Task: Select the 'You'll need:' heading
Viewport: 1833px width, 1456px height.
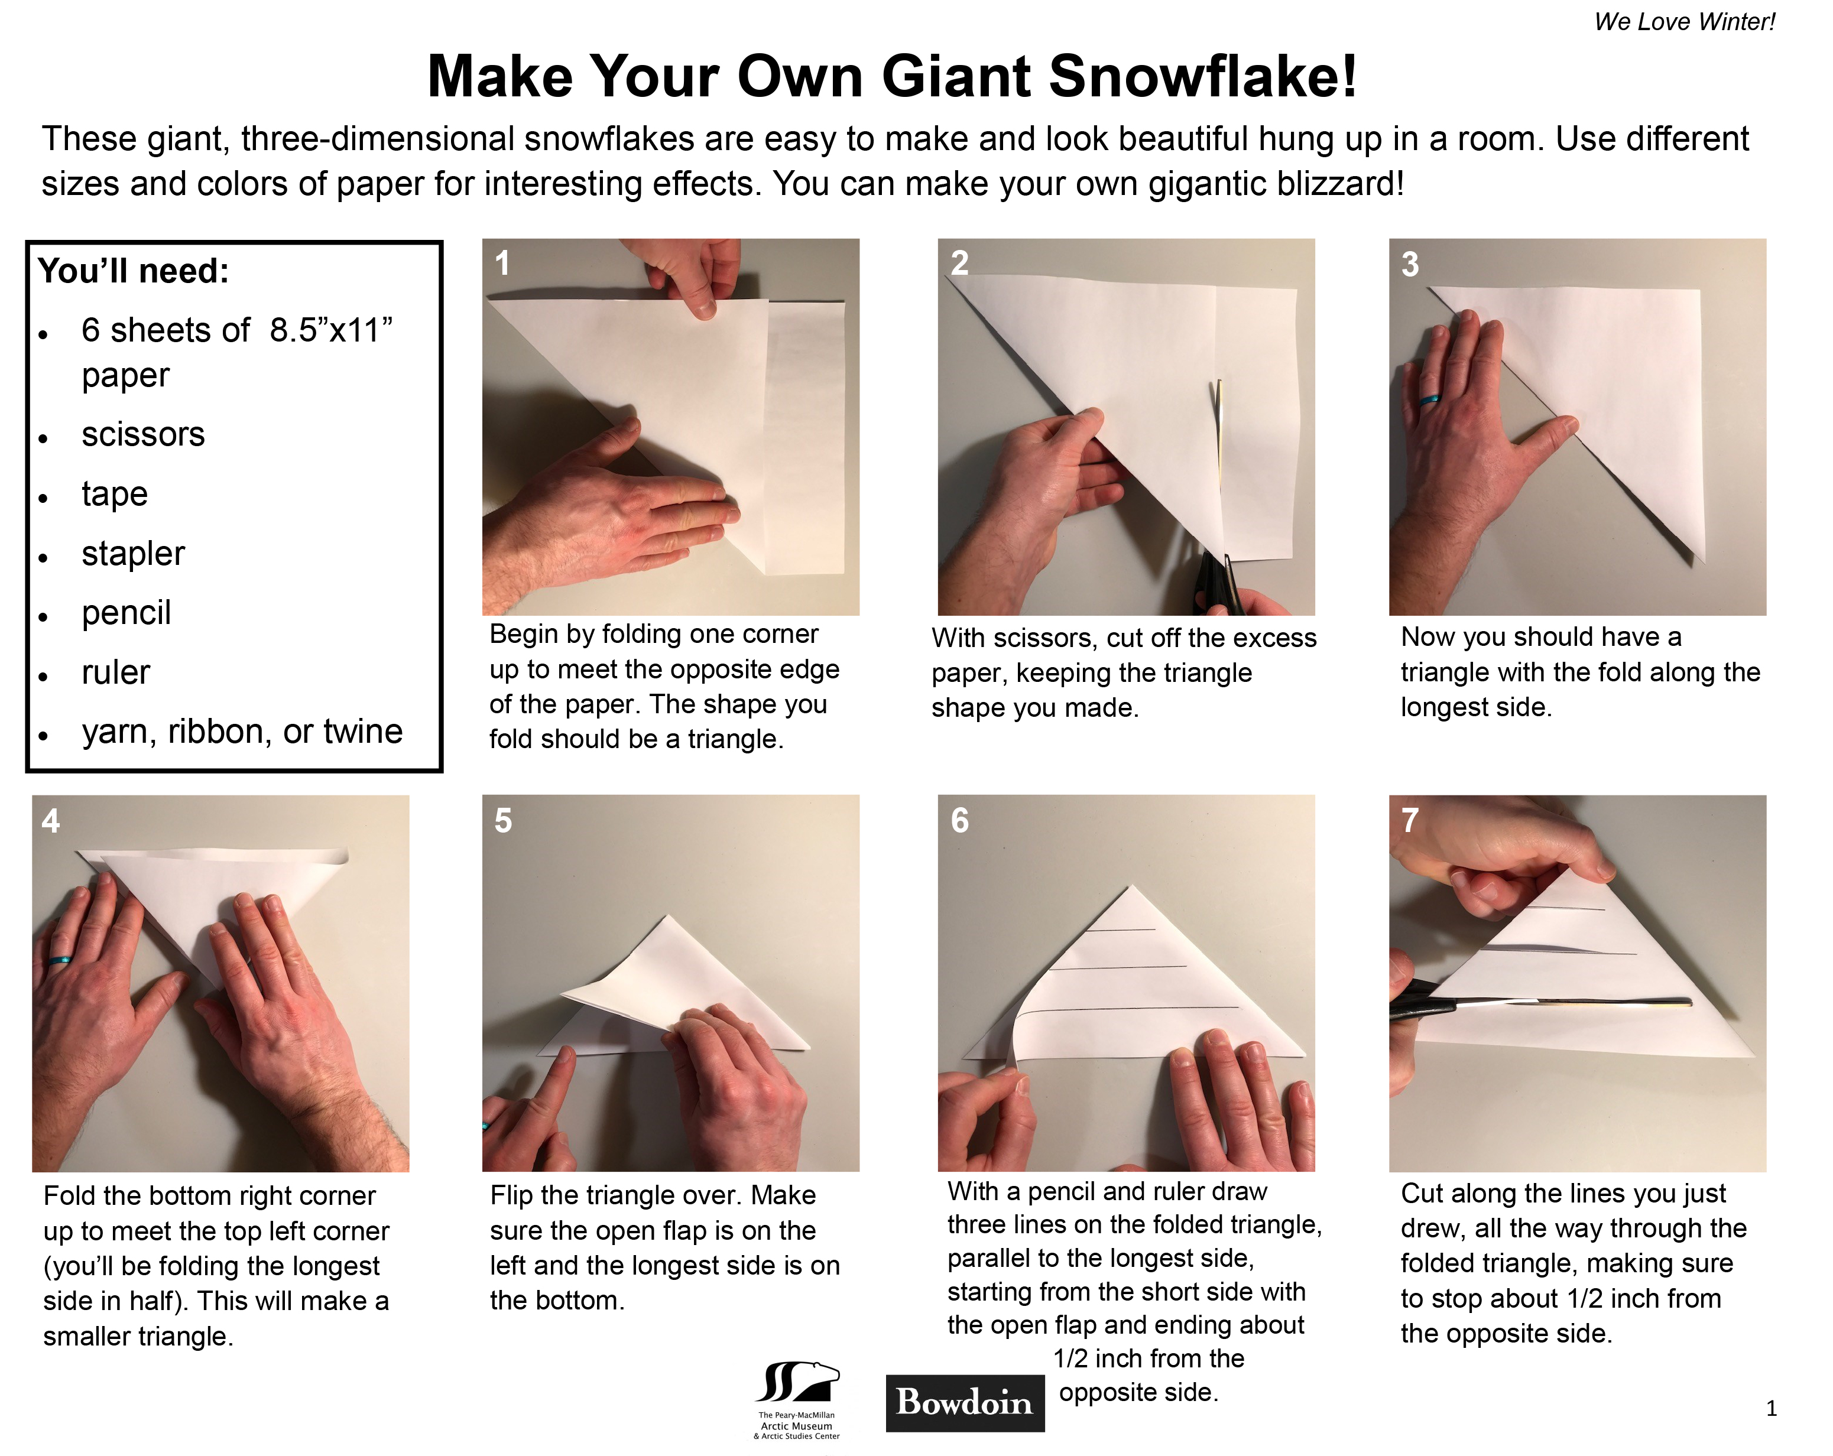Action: pos(134,271)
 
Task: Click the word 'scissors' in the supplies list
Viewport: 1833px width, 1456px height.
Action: pos(143,434)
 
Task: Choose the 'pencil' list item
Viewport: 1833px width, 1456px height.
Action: pos(126,613)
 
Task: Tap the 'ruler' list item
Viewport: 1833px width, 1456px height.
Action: pos(116,672)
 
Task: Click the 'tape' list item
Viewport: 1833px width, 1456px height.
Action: pos(115,494)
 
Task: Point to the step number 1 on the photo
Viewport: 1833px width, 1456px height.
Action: pos(502,264)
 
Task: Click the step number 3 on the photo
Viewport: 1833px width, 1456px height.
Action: pos(1410,264)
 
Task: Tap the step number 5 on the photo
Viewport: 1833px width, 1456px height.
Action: pos(503,820)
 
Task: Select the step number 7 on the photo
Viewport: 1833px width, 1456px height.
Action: pos(1410,820)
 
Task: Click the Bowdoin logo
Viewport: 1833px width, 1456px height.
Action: pos(965,1402)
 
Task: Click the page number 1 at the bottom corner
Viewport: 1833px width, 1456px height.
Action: pos(1771,1408)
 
